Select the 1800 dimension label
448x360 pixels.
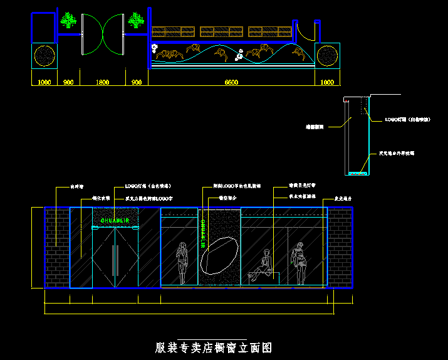pos(102,82)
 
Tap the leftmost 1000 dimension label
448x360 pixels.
pos(44,82)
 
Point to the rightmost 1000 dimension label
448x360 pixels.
pos(327,82)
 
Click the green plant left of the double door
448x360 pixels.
pos(68,22)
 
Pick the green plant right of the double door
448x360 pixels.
pos(137,22)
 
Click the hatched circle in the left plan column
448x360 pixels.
pos(44,56)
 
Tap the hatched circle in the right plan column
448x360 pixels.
pos(327,56)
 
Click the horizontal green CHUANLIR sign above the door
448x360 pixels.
pos(115,220)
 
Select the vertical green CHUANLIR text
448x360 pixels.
pos(204,233)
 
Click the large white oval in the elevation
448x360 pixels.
pos(219,254)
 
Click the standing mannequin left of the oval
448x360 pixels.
pos(182,264)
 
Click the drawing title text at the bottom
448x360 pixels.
pos(214,347)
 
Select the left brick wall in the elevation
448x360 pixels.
pos(56,246)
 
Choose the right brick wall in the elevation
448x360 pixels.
pos(340,246)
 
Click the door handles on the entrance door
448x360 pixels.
pos(115,260)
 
